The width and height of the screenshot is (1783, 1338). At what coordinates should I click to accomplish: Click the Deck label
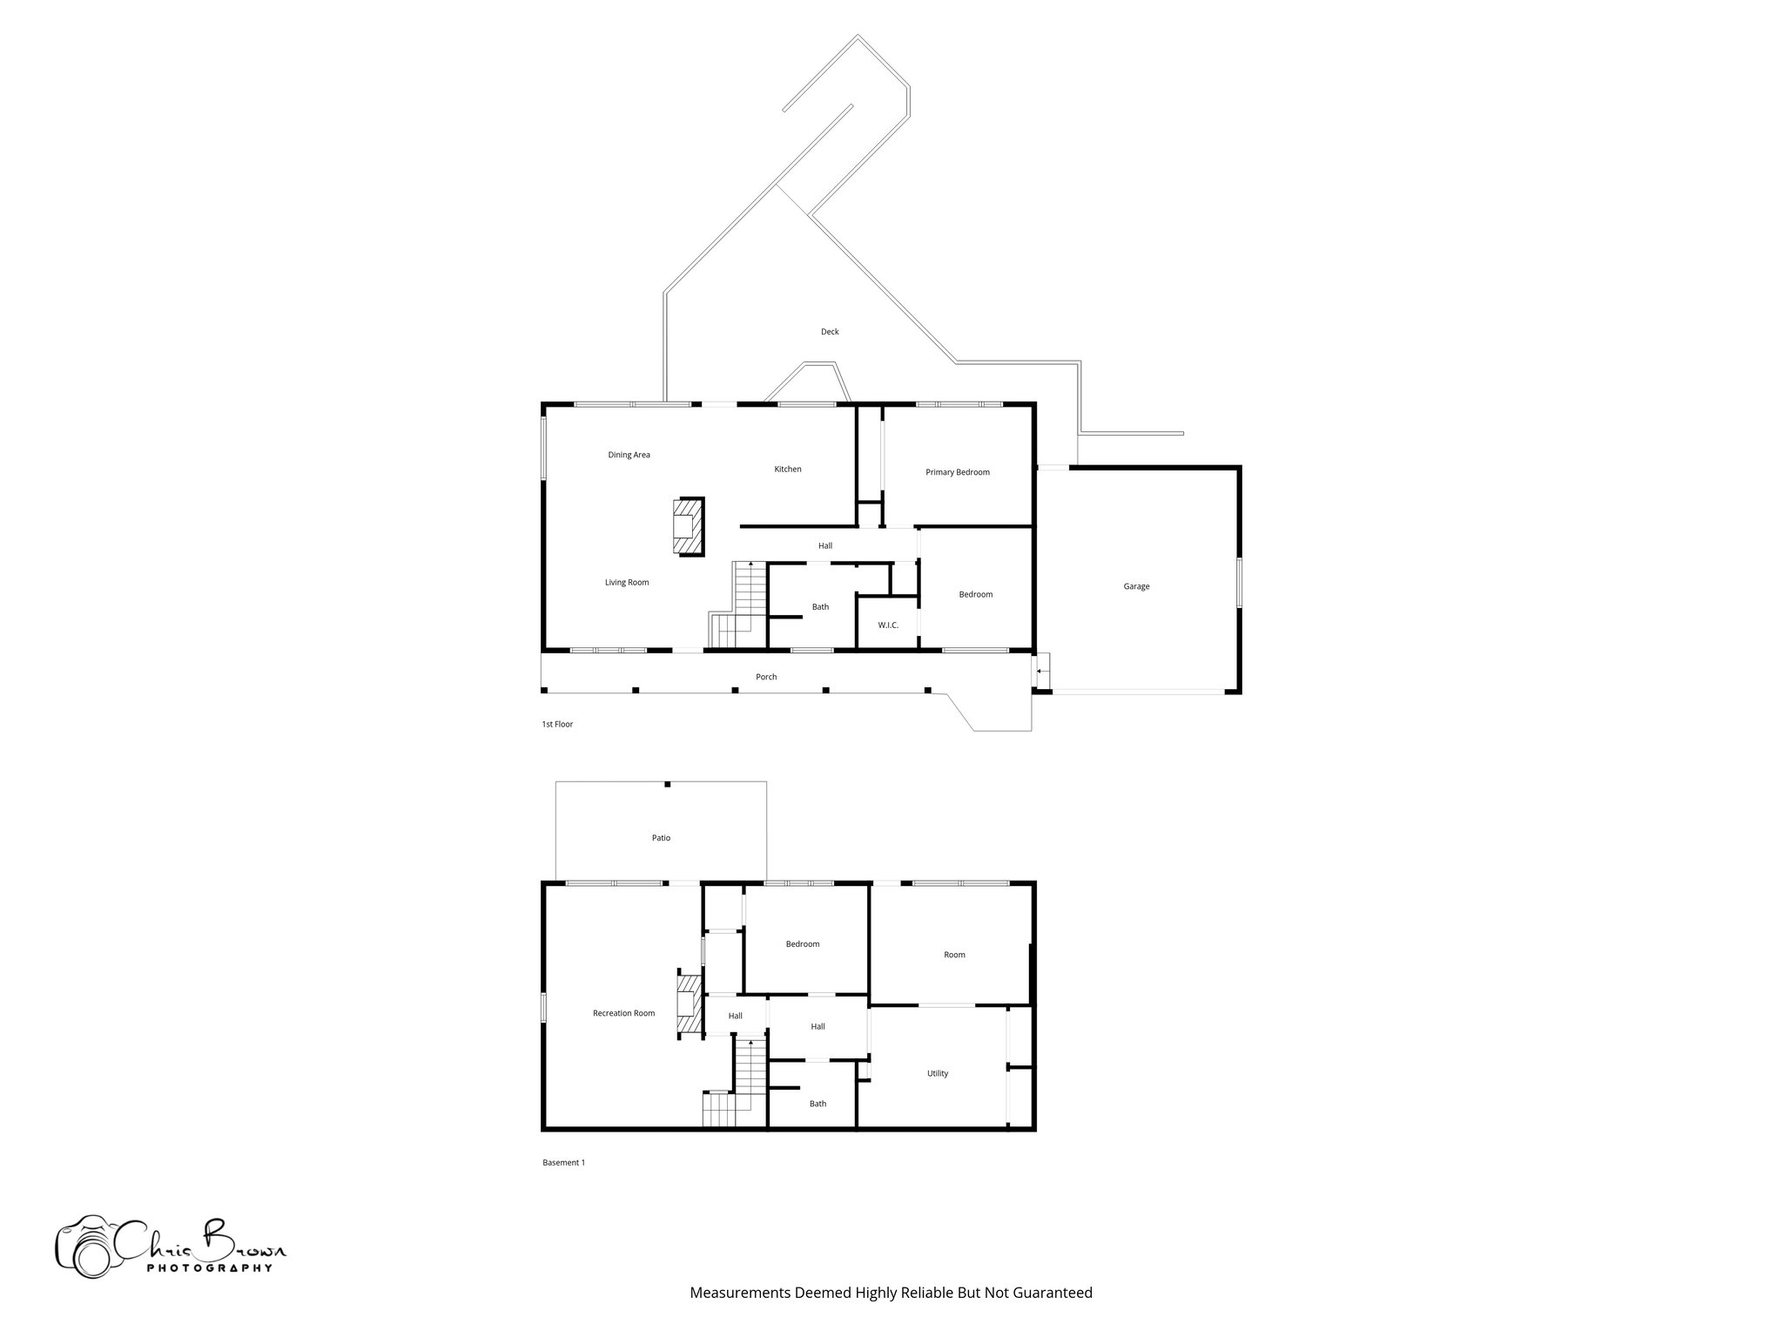830,332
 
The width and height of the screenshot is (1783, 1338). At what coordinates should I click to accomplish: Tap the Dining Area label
629,455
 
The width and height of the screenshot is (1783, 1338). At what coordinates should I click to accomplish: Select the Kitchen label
788,470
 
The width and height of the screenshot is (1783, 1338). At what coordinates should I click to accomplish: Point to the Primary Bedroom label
957,472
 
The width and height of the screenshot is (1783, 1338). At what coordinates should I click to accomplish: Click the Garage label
1136,586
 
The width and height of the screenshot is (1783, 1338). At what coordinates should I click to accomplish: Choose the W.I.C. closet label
888,625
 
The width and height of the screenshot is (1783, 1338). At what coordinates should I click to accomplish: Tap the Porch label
766,677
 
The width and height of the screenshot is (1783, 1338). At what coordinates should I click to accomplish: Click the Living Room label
627,583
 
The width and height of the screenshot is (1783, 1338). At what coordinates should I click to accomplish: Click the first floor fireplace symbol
687,526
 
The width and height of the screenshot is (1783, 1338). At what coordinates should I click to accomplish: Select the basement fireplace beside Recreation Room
689,1006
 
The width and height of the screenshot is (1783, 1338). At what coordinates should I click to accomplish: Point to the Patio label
661,838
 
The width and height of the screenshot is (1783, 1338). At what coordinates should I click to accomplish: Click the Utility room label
938,1073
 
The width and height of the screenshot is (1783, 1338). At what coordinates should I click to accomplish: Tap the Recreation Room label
623,1013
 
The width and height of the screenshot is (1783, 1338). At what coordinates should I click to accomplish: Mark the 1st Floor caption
557,724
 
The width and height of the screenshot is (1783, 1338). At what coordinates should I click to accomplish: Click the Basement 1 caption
563,1162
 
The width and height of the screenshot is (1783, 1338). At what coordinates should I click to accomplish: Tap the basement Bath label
817,1104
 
